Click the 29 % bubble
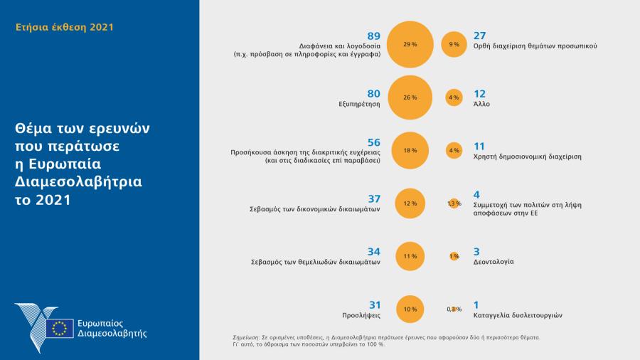click(410, 44)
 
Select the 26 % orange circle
click(410, 97)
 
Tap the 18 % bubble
click(410, 151)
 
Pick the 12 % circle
click(410, 203)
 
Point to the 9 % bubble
click(454, 44)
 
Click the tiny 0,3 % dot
click(454, 309)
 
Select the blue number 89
click(373, 36)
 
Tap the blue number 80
click(373, 93)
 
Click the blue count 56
click(373, 142)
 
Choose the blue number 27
click(480, 36)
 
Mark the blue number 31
click(373, 305)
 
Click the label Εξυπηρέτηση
click(361, 104)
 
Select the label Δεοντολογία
click(494, 262)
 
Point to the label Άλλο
click(481, 104)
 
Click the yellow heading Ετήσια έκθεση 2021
click(64, 28)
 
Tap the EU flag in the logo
click(59, 328)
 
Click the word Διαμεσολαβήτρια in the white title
click(78, 181)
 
